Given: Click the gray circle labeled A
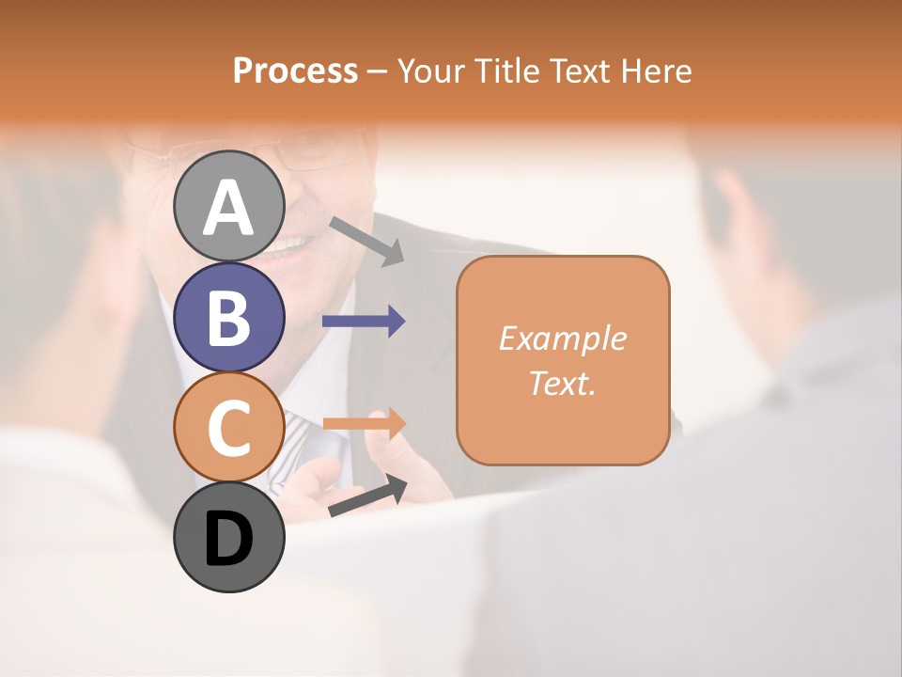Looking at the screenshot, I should (228, 206).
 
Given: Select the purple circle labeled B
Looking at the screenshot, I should (228, 317).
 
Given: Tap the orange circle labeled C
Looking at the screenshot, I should (228, 428).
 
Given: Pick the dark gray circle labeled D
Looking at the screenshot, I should (228, 538).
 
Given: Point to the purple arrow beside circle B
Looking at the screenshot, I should (364, 322).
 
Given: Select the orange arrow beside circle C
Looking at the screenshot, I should (365, 423).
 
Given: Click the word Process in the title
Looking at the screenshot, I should (295, 71).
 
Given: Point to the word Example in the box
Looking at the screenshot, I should (562, 338).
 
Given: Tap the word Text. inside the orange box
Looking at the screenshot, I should (562, 383).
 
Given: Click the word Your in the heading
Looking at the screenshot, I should (430, 71).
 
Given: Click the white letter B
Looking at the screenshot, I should (228, 317).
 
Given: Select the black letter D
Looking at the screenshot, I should (228, 540).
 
